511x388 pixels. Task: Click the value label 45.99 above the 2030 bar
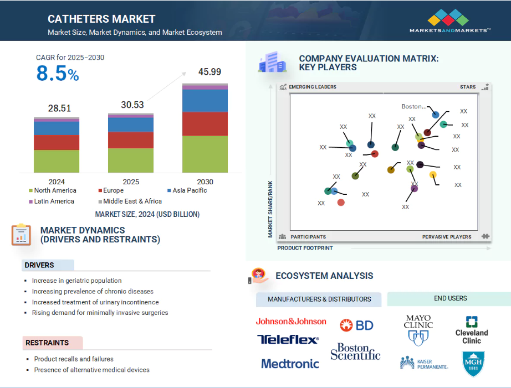tap(209, 71)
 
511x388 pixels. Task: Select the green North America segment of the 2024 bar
tap(57, 161)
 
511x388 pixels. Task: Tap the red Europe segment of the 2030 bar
tap(205, 124)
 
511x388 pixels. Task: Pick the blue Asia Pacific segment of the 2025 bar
tap(131, 125)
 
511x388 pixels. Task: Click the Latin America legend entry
tap(52, 201)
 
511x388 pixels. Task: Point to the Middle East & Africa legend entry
tap(130, 201)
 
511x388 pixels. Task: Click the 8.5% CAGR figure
tap(58, 73)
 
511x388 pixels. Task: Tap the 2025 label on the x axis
tap(131, 182)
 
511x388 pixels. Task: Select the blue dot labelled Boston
tap(436, 115)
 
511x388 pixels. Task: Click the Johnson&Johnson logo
tap(291, 322)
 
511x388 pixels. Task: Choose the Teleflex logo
tap(288, 339)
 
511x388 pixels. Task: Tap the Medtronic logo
tap(290, 364)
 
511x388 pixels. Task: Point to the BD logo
tap(356, 325)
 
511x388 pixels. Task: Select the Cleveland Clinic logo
tap(472, 330)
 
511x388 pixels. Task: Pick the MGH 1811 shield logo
tap(473, 364)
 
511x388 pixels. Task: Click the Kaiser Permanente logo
tap(424, 363)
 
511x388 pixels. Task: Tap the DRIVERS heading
tap(39, 265)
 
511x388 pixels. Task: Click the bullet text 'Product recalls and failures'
tap(74, 359)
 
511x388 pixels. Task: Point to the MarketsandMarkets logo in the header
tap(449, 21)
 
